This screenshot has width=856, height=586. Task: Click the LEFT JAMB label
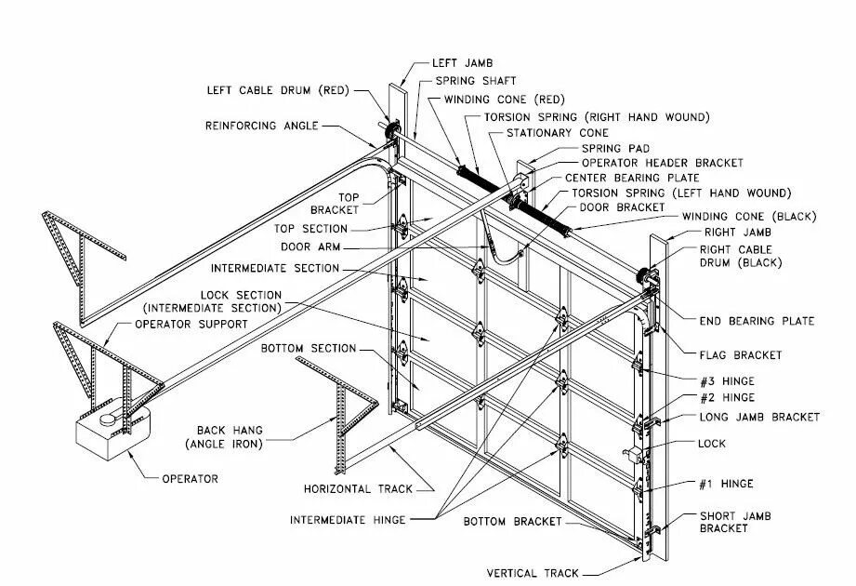pos(457,64)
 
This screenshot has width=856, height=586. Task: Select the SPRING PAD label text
pos(615,148)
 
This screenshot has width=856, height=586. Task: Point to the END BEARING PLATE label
pos(757,321)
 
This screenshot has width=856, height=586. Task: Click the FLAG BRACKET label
pos(740,354)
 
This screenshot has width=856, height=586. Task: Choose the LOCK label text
pos(711,444)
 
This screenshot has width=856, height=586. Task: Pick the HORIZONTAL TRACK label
pos(357,488)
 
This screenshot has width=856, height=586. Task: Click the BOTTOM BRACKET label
pos(513,522)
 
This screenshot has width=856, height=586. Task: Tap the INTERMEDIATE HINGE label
pos(348,520)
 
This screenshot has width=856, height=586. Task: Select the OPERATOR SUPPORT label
pos(191,324)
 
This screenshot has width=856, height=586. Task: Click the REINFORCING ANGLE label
pos(262,126)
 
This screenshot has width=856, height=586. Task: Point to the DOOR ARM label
pos(309,247)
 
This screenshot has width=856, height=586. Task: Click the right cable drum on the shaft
pos(643,277)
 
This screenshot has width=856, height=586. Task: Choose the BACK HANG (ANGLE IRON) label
pos(230,436)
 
